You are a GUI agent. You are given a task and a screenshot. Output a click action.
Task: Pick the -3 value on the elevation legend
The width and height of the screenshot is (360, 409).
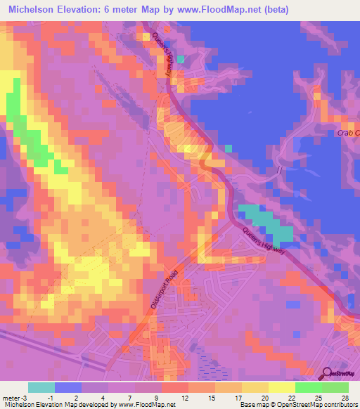[x=25, y=398]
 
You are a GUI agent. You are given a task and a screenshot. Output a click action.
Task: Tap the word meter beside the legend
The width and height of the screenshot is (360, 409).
[x=11, y=398]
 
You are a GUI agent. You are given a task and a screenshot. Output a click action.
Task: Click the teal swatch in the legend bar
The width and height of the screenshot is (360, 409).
[x=41, y=387]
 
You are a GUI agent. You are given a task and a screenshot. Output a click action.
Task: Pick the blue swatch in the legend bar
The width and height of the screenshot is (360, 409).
[x=67, y=387]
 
